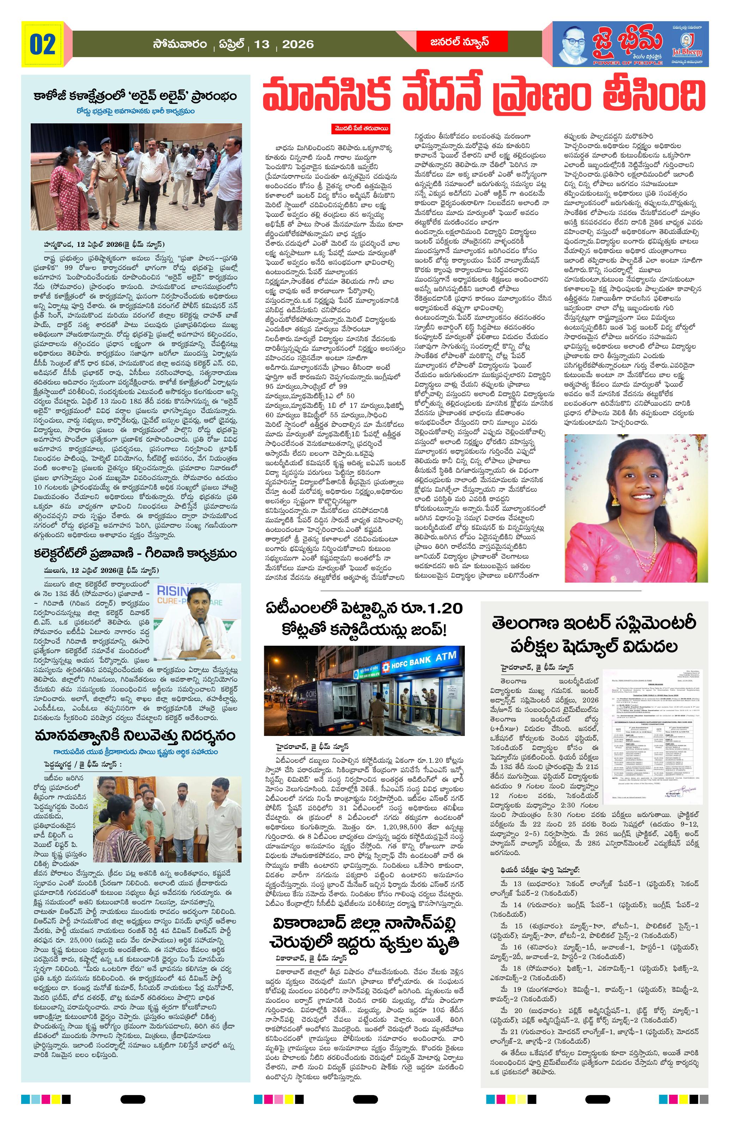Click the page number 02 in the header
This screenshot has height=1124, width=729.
click(x=43, y=44)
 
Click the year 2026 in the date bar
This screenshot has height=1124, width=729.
click(x=298, y=44)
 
